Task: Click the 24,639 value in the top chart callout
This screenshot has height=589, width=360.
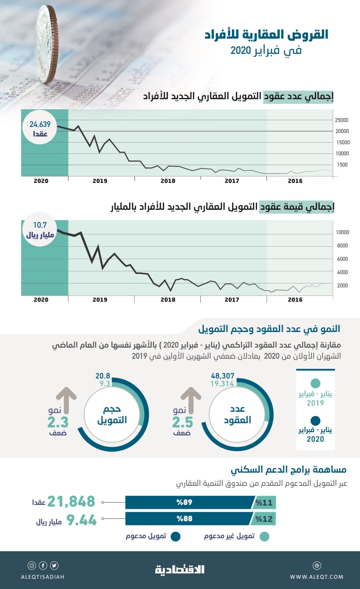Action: point(40,124)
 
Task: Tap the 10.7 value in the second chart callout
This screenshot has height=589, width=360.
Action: point(40,225)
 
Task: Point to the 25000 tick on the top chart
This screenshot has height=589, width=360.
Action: point(341,120)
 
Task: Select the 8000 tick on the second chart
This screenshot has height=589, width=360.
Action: point(343,246)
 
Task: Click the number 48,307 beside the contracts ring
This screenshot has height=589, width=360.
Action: point(223,377)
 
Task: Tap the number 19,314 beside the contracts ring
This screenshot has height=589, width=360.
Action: point(223,384)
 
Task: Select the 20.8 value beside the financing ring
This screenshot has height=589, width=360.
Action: point(102,377)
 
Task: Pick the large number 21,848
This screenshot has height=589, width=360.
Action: point(71,502)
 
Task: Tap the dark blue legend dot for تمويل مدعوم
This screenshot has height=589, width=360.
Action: point(176,537)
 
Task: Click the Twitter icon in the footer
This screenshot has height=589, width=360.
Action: point(54,566)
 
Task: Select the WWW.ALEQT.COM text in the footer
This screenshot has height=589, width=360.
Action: point(316,576)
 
